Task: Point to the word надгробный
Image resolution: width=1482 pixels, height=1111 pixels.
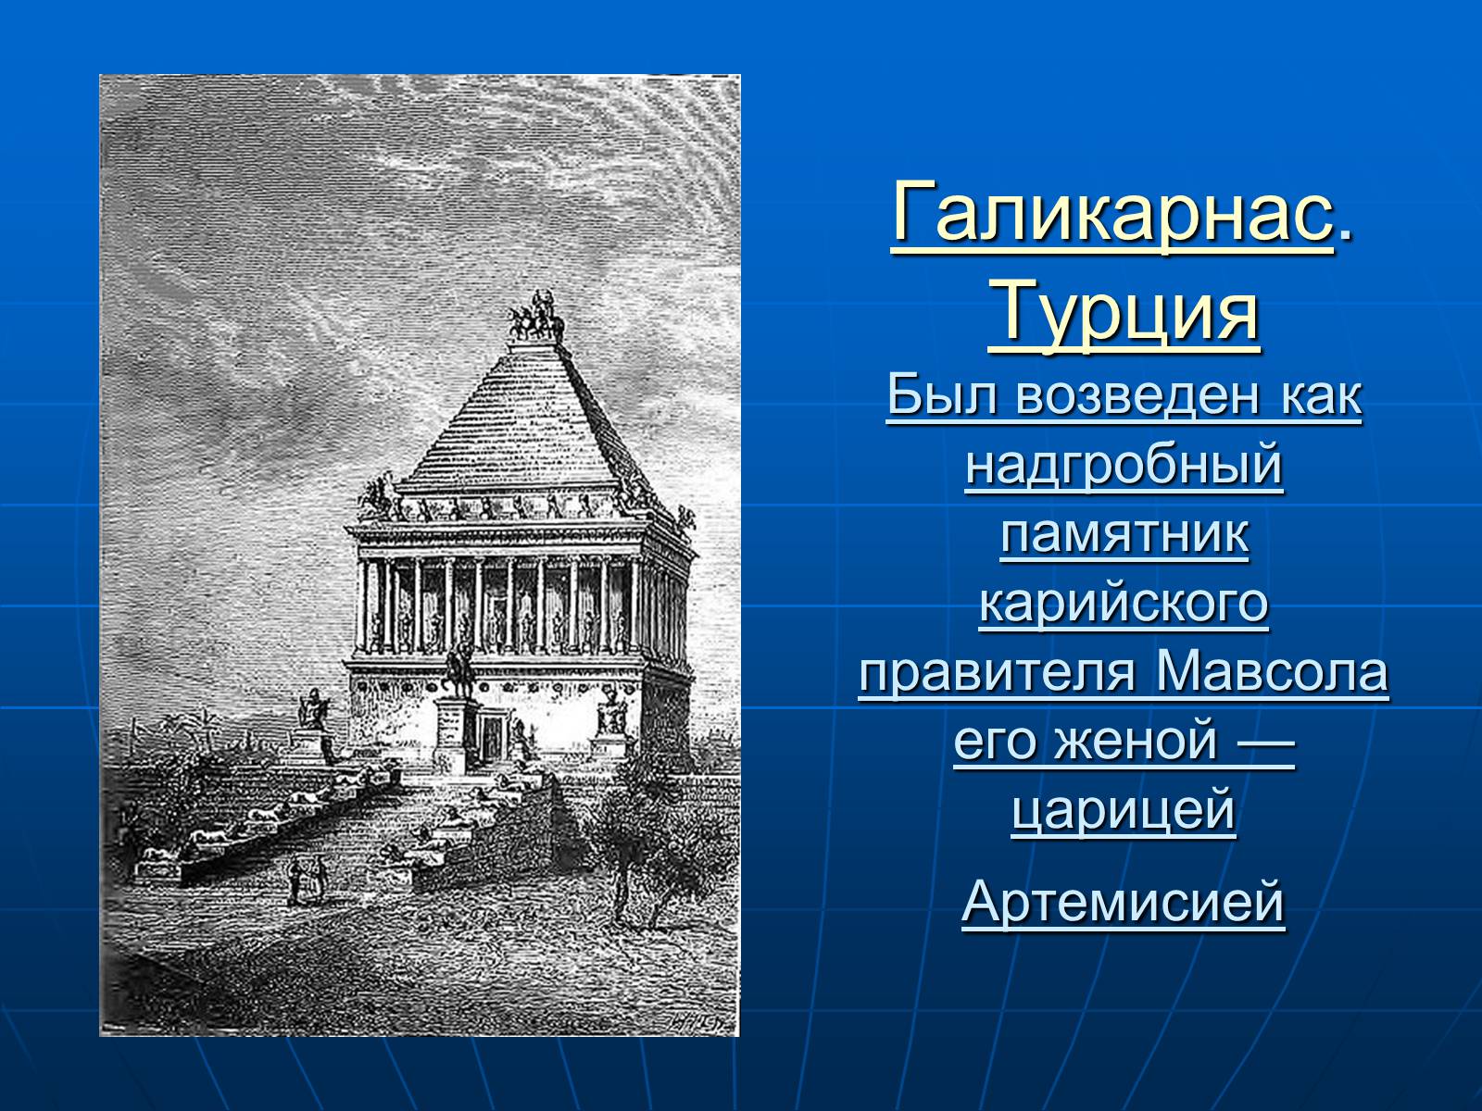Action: click(1124, 466)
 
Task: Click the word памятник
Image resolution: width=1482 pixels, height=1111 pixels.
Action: click(1124, 535)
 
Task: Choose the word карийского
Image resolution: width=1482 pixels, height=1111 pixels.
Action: click(1124, 604)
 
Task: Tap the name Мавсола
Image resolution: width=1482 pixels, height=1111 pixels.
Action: click(1272, 672)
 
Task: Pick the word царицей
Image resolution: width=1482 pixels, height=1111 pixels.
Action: click(1124, 812)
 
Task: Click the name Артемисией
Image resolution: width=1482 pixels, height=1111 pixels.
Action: click(1124, 902)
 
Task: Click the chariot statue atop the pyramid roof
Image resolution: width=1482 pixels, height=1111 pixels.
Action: click(536, 317)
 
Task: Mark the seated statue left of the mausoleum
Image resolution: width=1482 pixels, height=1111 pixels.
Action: click(314, 709)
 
